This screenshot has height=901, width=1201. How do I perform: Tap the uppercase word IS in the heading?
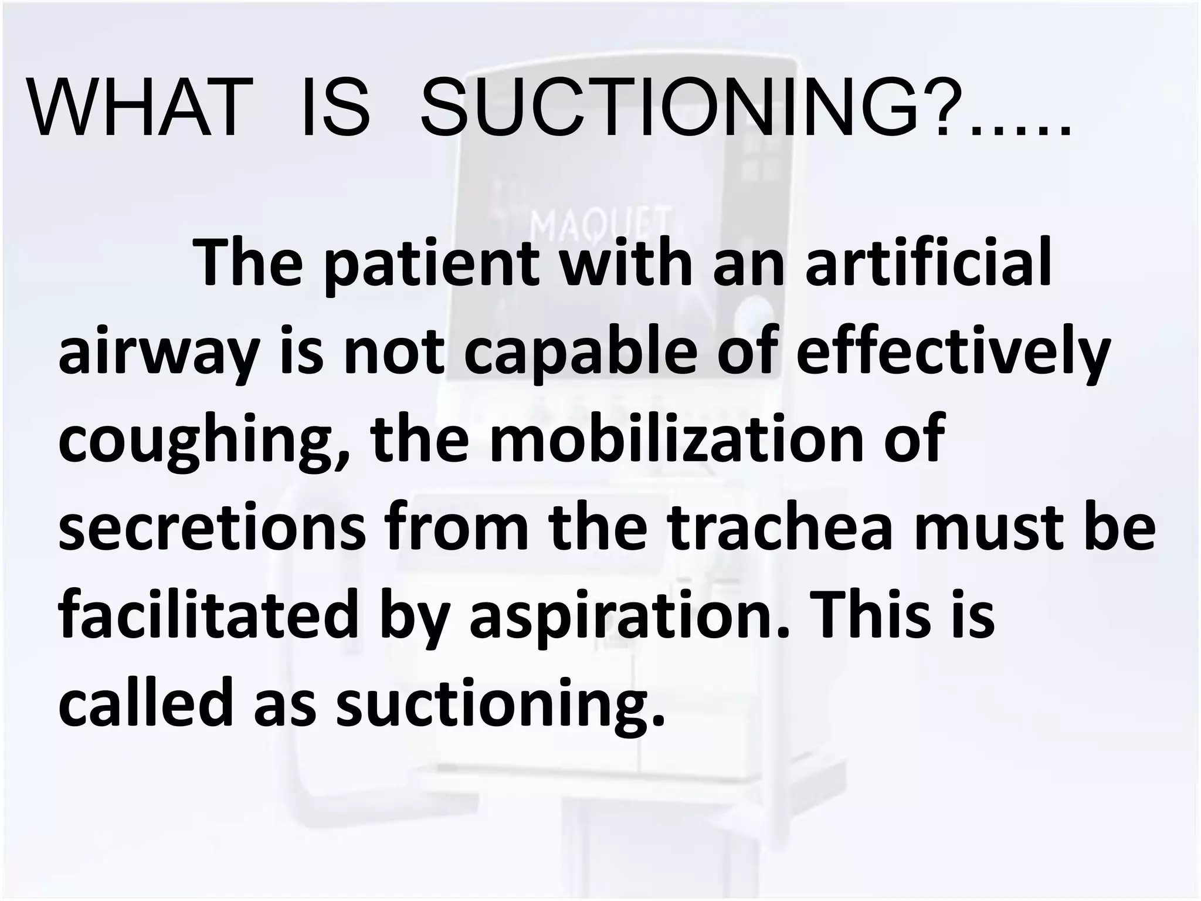[x=335, y=109]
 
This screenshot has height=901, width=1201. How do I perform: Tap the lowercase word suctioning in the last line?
[x=499, y=703]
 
